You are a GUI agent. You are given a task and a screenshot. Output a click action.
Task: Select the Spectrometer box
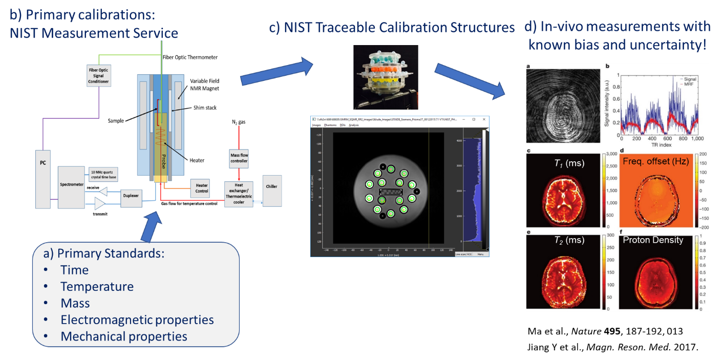click(x=71, y=187)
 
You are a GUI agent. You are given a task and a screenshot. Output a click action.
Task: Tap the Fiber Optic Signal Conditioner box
click(x=98, y=75)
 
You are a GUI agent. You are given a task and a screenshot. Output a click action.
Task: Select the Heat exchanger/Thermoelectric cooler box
click(x=241, y=194)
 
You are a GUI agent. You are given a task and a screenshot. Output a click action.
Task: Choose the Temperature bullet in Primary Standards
click(x=97, y=287)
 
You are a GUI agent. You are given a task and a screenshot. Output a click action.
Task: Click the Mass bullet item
click(x=75, y=303)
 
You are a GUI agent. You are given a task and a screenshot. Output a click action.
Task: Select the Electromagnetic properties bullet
click(x=137, y=320)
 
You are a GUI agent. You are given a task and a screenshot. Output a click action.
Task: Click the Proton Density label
click(x=653, y=240)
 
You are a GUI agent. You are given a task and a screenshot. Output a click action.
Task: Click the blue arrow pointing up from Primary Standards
click(x=153, y=225)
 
